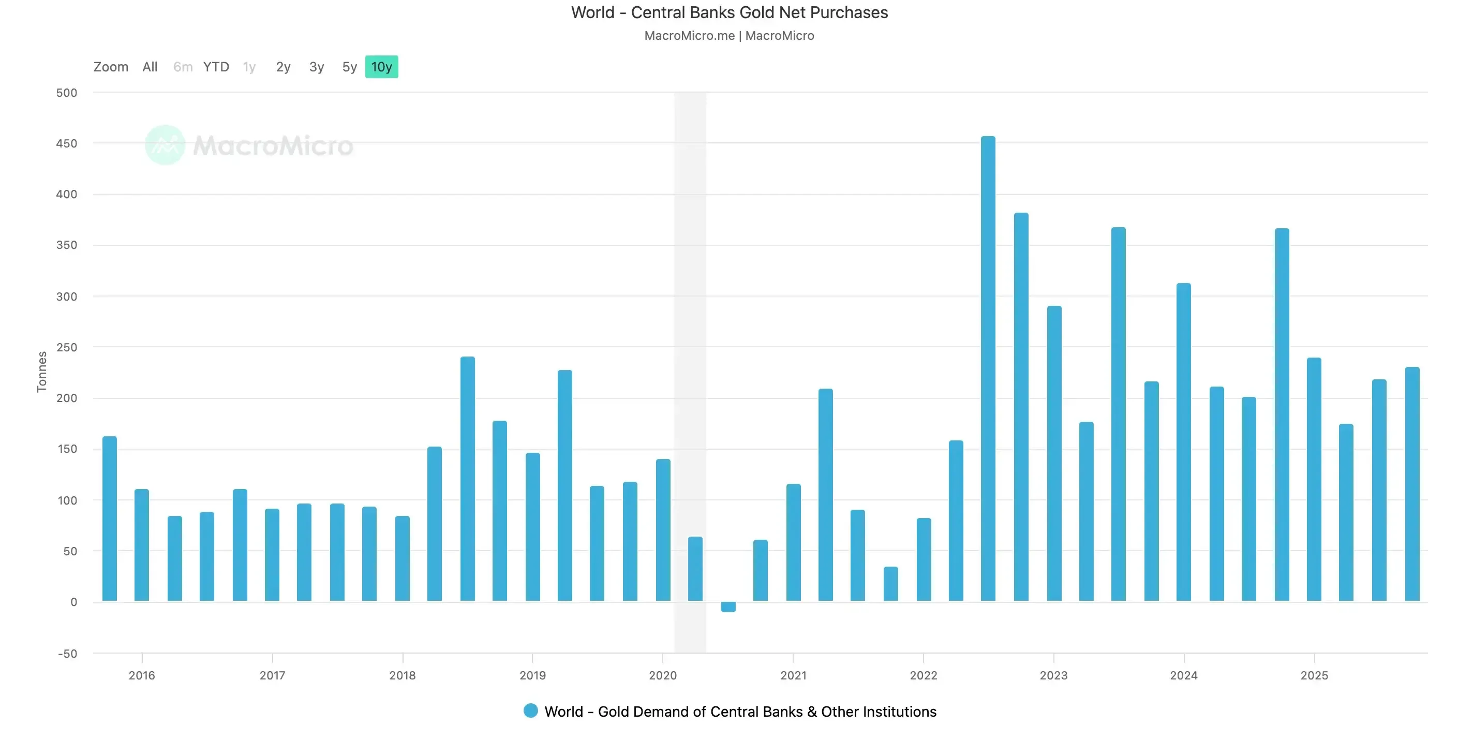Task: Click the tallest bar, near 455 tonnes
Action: [988, 368]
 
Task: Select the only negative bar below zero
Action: [728, 606]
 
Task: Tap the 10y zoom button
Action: [381, 67]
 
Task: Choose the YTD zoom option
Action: [216, 67]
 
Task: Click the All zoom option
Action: [150, 67]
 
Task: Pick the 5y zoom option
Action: [349, 67]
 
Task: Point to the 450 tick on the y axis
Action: [66, 144]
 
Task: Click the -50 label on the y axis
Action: [67, 654]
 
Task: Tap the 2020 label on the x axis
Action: [663, 675]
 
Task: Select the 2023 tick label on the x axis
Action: [1053, 675]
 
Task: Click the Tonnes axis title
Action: [42, 372]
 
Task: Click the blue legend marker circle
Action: [530, 711]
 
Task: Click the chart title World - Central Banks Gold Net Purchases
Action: [729, 12]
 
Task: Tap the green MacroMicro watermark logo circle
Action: [165, 145]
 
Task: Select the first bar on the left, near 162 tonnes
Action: [109, 518]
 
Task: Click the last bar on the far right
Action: [1412, 484]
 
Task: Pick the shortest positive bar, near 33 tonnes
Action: [890, 584]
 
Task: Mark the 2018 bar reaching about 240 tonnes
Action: [468, 479]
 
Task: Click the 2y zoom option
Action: [283, 67]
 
